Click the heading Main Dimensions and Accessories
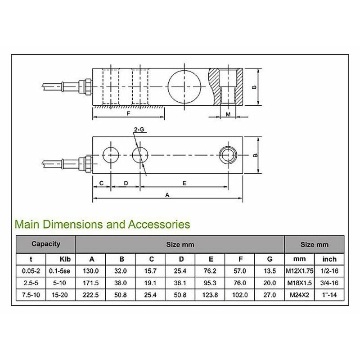tap(103, 224)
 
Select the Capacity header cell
tap(46, 244)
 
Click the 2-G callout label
tap(139, 130)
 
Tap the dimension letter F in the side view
tap(128, 114)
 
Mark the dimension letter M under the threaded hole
tap(228, 114)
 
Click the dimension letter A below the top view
tap(167, 195)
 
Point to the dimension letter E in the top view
tap(185, 183)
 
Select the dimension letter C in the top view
tap(102, 183)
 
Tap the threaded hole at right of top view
tap(227, 155)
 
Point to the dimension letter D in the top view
tap(126, 183)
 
